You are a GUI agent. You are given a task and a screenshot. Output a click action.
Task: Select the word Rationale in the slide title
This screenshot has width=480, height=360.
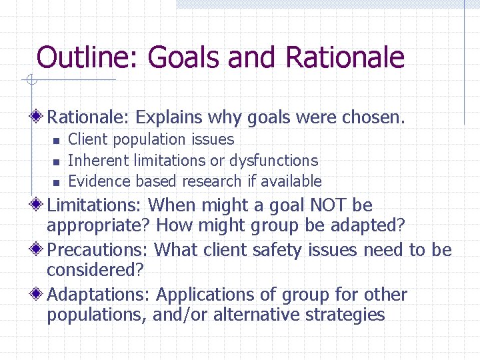point(345,58)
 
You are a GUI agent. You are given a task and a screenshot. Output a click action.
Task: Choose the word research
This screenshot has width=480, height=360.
point(209,181)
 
